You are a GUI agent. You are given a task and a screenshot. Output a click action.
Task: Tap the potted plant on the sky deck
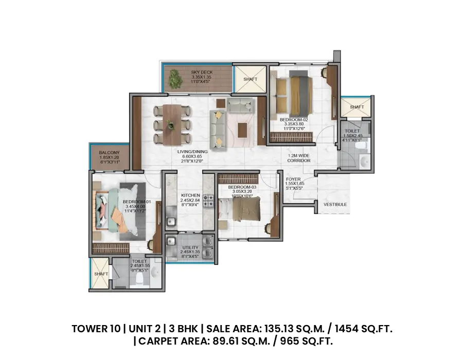tap(175, 79)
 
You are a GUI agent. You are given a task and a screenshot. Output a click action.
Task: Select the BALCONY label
tap(109, 153)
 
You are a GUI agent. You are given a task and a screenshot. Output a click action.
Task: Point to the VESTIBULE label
tap(335, 205)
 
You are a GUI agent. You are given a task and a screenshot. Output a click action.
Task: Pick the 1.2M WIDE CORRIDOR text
tap(299, 157)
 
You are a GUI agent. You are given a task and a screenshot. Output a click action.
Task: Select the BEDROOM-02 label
tap(292, 120)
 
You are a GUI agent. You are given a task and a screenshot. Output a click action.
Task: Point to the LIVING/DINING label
tap(192, 152)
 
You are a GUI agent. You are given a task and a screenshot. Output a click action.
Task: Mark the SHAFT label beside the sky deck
tap(250, 79)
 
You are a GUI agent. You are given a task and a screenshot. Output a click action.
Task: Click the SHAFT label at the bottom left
tap(101, 274)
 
